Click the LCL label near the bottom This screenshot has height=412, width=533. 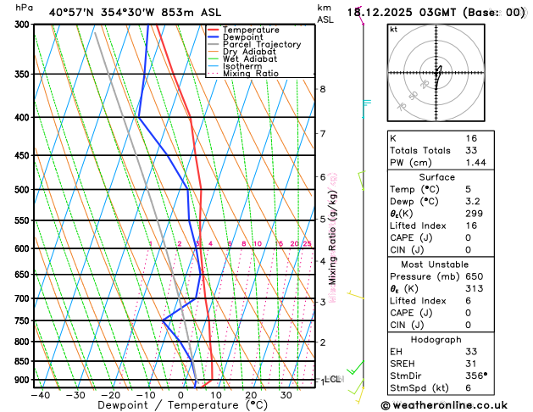click(x=333, y=379)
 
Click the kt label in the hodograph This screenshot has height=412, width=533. click(x=393, y=29)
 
